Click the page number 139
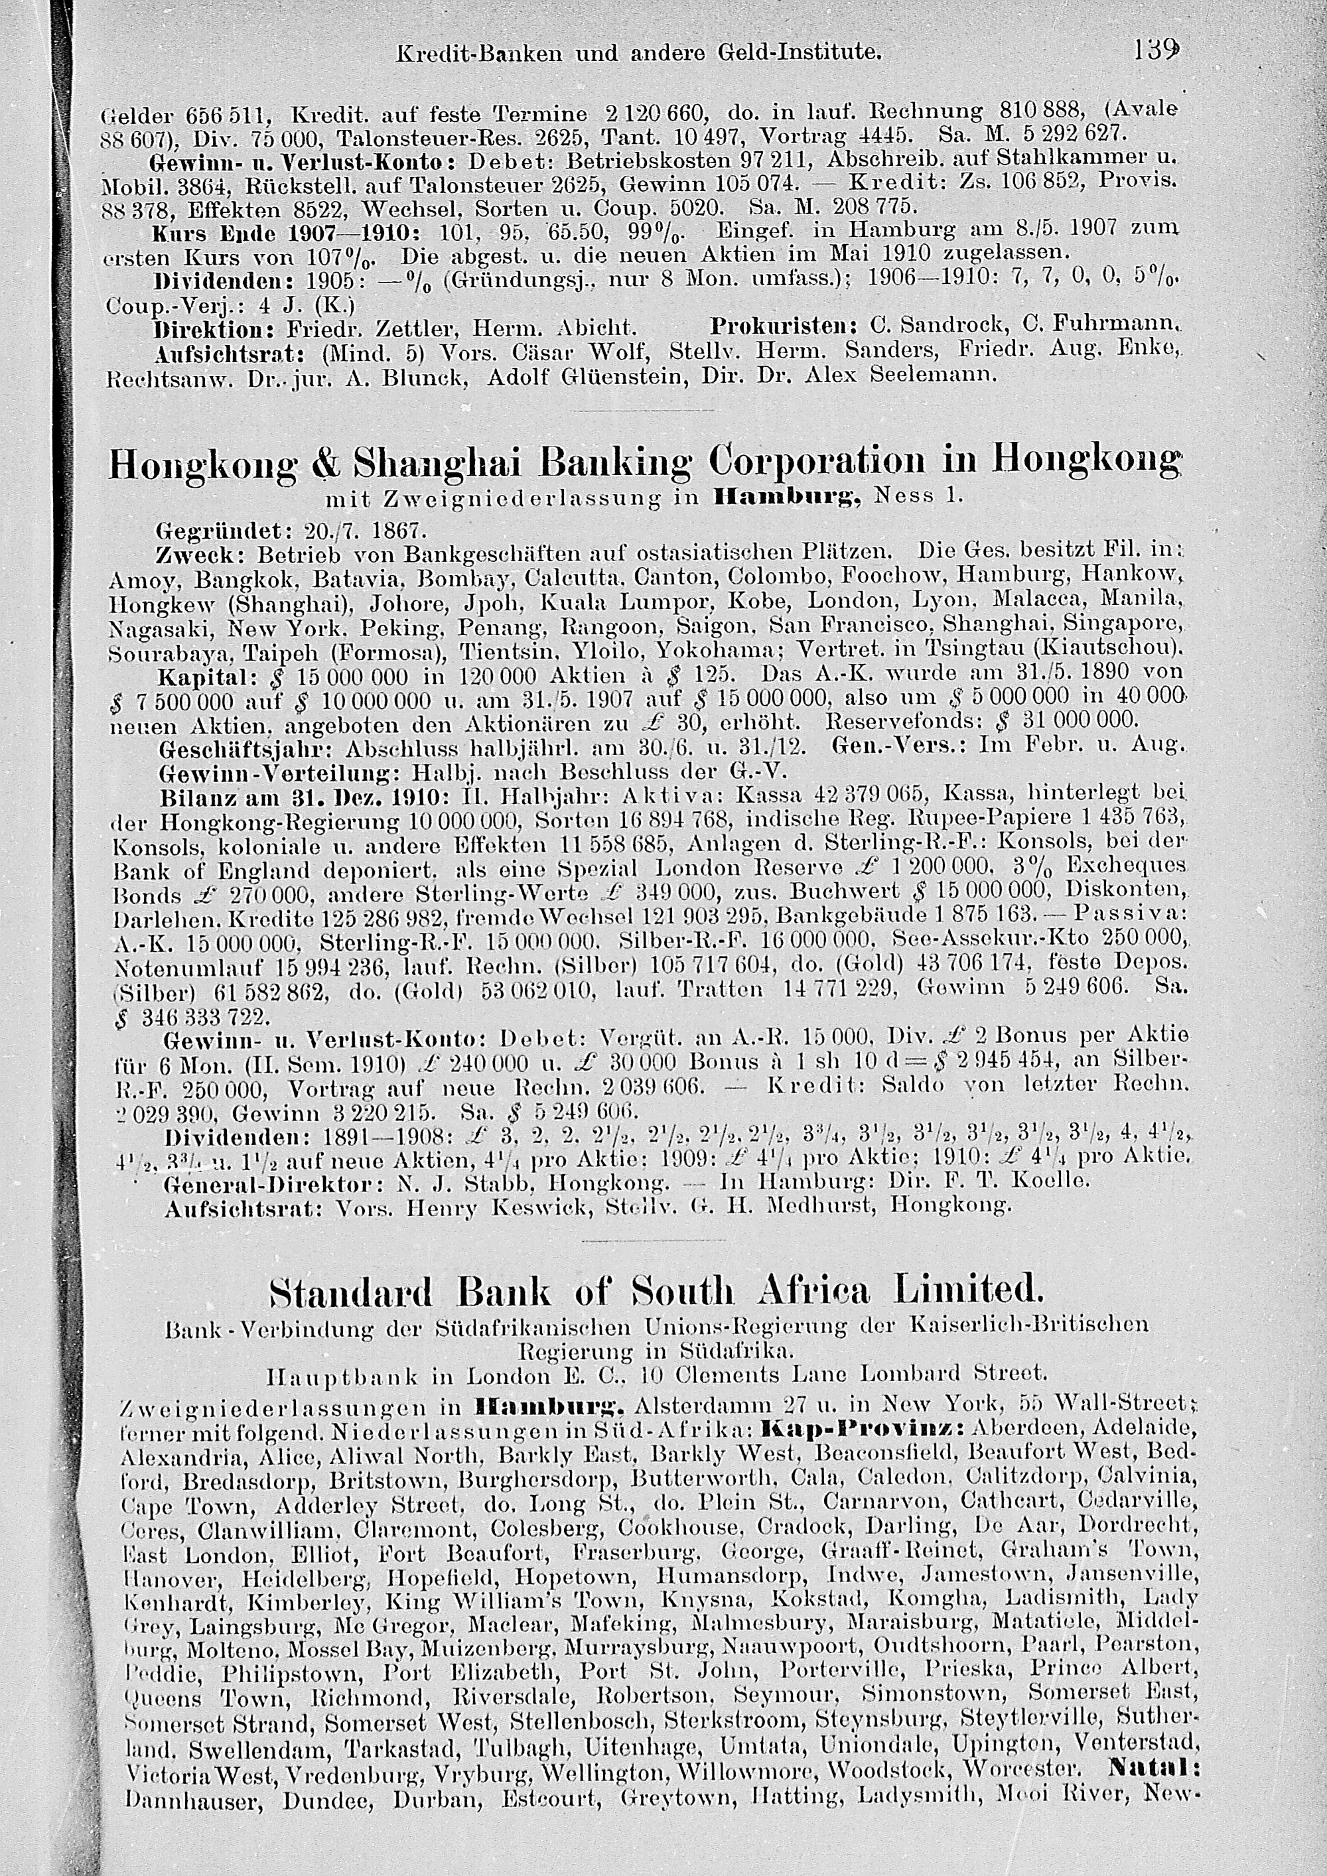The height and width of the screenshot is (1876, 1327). pyautogui.click(x=1155, y=52)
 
